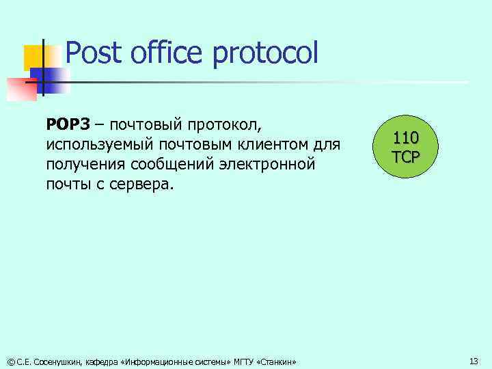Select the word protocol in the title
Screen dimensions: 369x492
[x=266, y=53]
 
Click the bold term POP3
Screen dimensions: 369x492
[x=68, y=125]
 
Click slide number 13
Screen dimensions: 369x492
[x=474, y=361]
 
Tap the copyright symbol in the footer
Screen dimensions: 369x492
[x=10, y=361]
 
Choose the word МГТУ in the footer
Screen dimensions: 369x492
[x=243, y=361]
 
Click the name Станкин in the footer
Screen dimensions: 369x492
[x=276, y=361]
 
